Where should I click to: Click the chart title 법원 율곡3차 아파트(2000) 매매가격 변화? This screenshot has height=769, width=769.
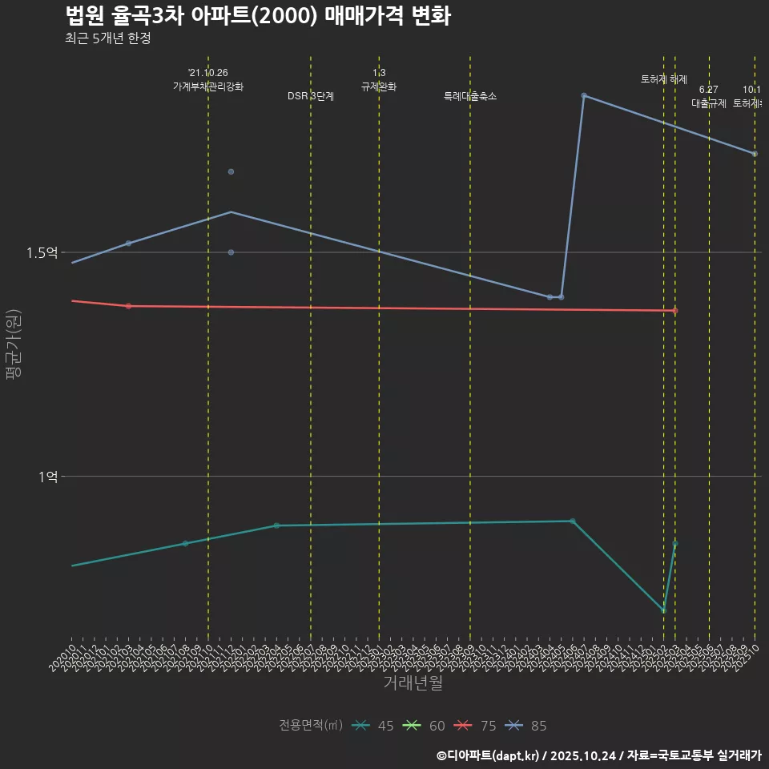(x=257, y=16)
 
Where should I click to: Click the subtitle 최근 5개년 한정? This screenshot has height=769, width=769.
(x=107, y=38)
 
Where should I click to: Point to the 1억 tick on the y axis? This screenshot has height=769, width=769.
(x=47, y=476)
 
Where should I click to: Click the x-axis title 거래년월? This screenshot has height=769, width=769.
(x=413, y=683)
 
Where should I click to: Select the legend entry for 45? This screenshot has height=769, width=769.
(x=373, y=726)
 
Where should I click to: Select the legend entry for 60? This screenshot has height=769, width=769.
(x=425, y=726)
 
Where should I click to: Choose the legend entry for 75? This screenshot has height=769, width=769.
(x=476, y=726)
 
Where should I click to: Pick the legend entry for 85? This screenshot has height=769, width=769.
(x=527, y=726)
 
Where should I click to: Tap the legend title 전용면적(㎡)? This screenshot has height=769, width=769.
(x=311, y=726)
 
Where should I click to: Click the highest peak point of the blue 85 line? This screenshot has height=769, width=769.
(x=584, y=95)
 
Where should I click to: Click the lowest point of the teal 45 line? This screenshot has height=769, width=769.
(x=663, y=610)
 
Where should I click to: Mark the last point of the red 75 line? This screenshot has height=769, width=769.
(x=675, y=311)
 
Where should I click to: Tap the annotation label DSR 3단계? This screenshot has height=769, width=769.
(x=311, y=96)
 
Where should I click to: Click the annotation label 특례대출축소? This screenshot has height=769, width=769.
(x=470, y=96)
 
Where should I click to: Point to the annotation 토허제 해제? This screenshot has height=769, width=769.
(x=664, y=79)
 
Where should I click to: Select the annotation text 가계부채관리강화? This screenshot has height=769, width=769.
(x=208, y=87)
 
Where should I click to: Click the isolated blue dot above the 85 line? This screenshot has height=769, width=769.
(x=231, y=171)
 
